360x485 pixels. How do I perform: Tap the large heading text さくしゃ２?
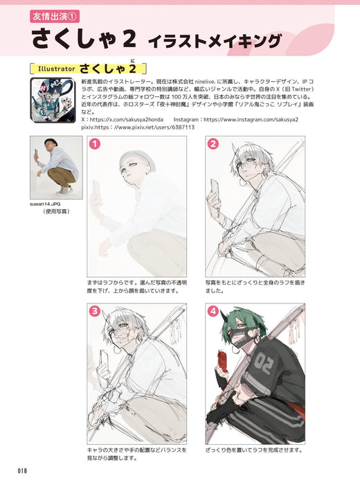87,39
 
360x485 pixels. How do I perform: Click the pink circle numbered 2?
213,144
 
